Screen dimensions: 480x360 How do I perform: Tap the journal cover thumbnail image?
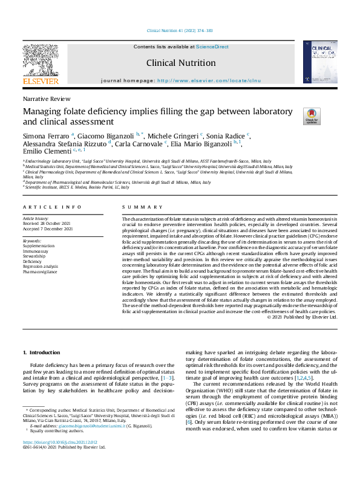click(x=320, y=63)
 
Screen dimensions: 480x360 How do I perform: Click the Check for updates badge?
click(x=295, y=116)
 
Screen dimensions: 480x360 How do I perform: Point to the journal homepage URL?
click(x=209, y=80)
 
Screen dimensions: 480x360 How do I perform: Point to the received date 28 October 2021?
click(x=50, y=223)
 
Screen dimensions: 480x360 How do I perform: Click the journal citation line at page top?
click(x=180, y=31)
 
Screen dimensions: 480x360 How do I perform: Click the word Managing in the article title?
click(x=42, y=112)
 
